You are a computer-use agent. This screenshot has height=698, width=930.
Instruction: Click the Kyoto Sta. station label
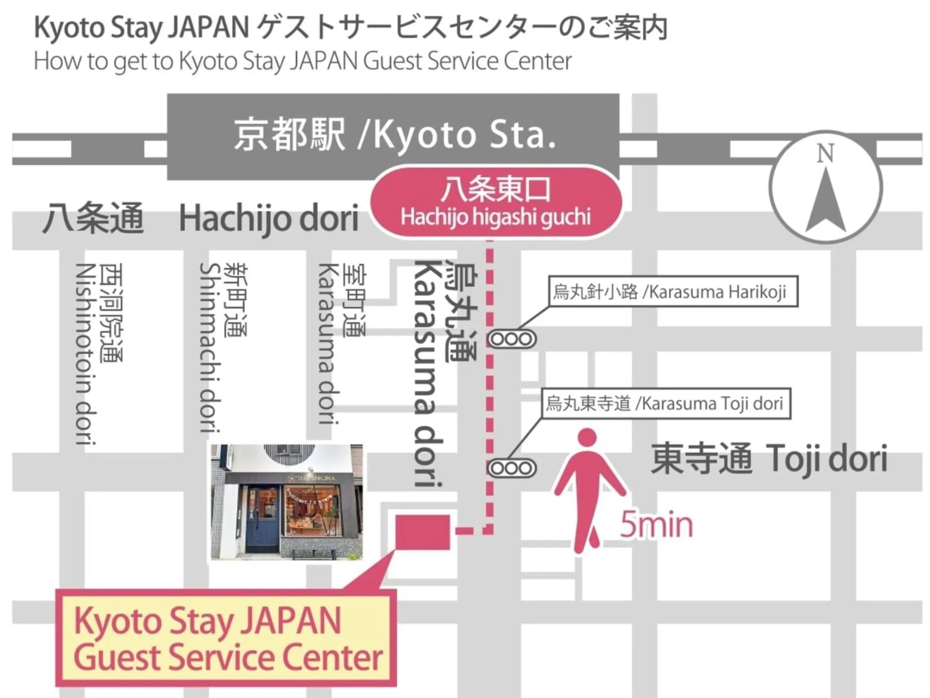click(395, 135)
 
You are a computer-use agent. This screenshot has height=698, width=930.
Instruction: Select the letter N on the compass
click(825, 154)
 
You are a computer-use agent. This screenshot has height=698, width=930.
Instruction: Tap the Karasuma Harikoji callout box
click(673, 292)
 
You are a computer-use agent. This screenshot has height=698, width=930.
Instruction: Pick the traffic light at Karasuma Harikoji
click(512, 339)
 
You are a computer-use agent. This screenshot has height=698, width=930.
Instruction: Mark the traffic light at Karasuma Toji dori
click(512, 469)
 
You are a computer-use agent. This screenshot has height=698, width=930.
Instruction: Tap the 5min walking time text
click(656, 525)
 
